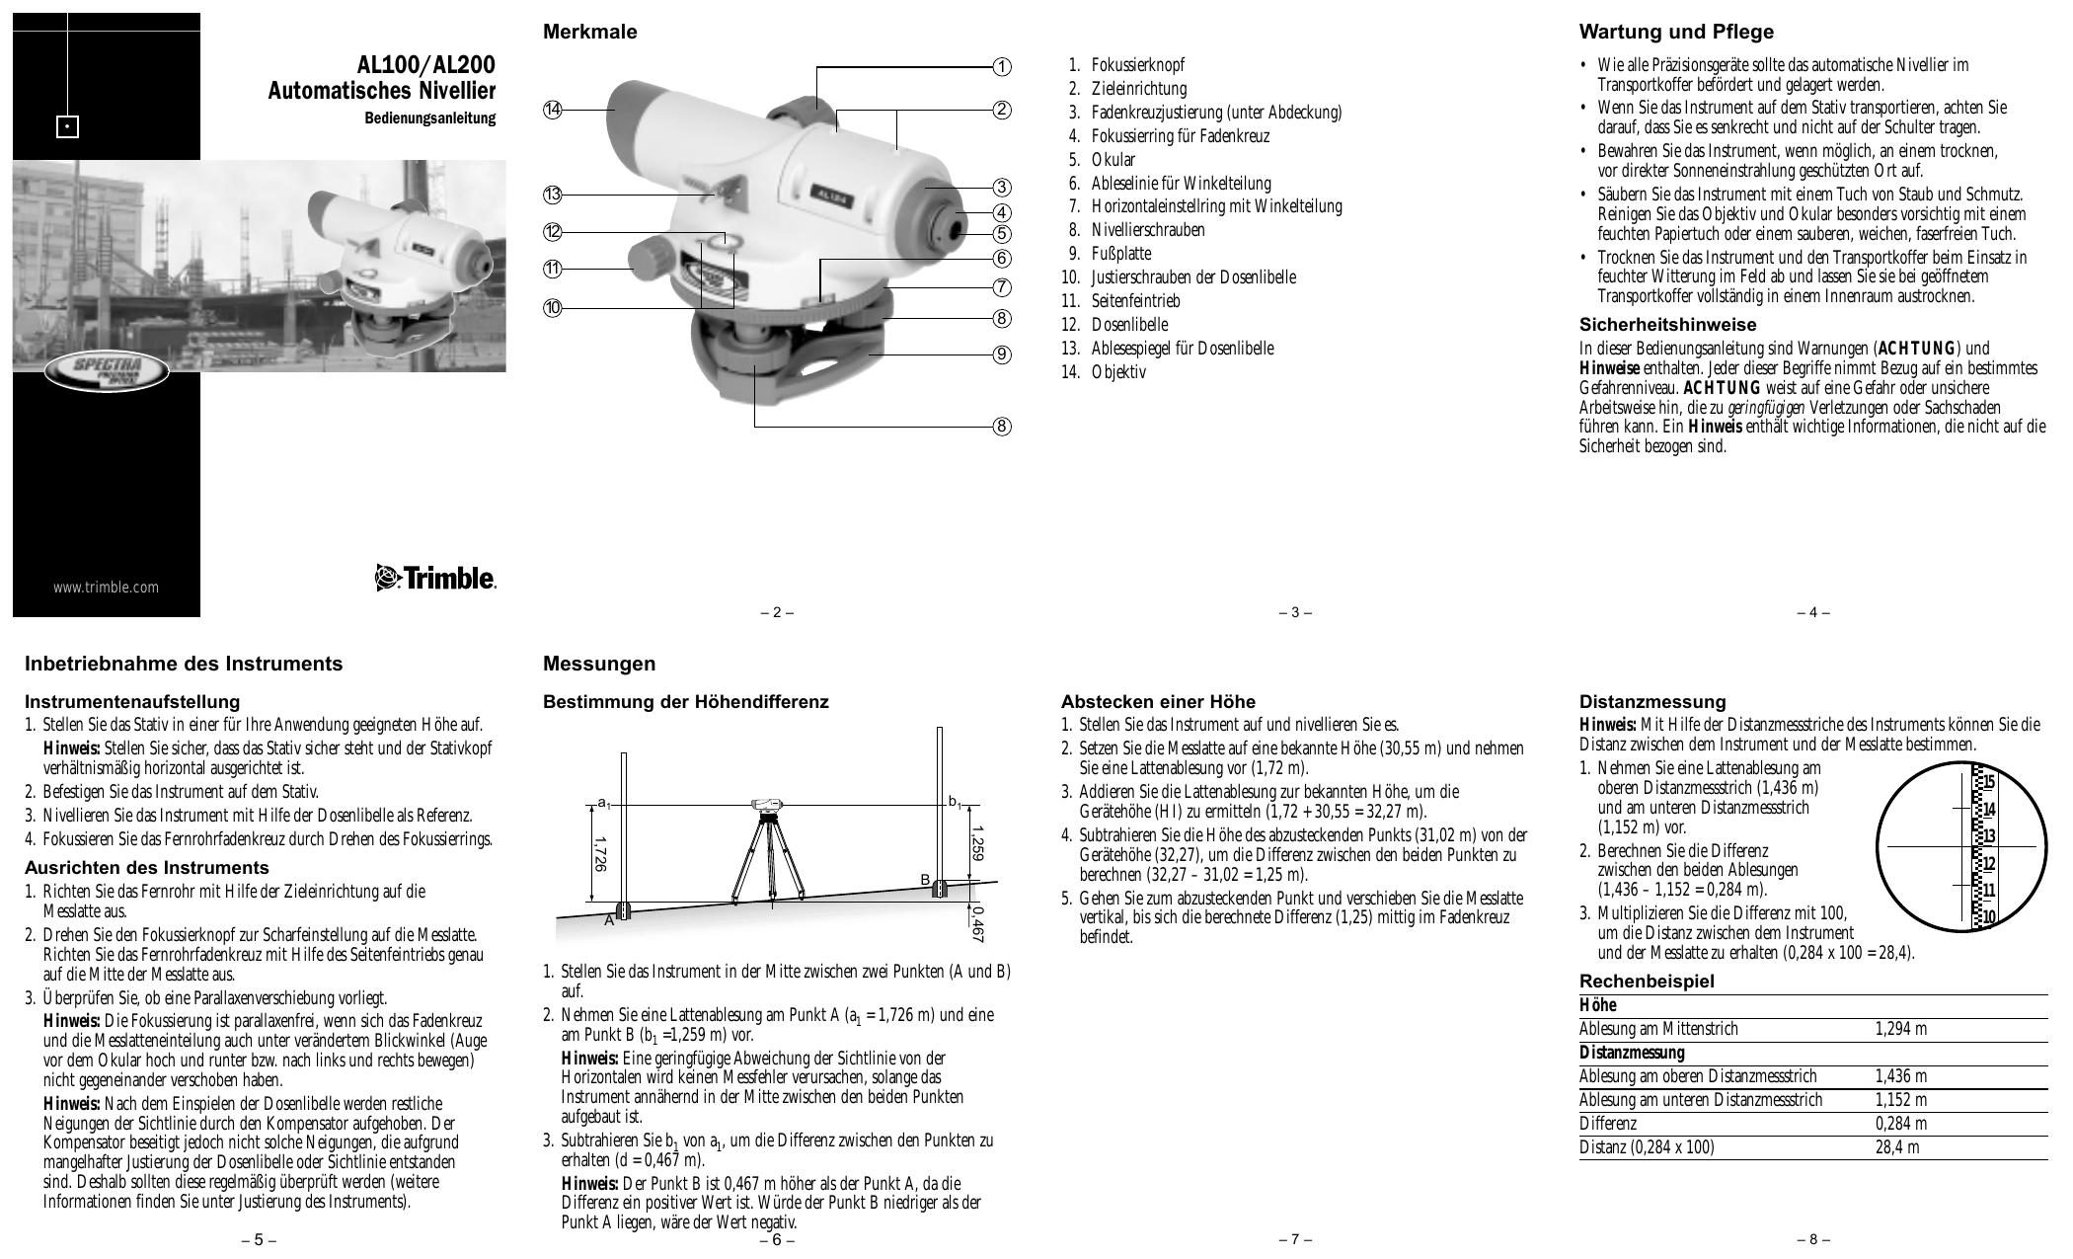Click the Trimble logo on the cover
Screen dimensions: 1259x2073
click(435, 578)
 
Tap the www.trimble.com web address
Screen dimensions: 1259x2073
click(106, 588)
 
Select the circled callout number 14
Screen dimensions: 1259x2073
click(552, 110)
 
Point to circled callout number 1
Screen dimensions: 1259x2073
click(1002, 66)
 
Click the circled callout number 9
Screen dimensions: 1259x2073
click(1002, 354)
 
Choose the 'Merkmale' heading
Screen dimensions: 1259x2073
click(590, 32)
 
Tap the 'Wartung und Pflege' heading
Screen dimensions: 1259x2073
click(1676, 32)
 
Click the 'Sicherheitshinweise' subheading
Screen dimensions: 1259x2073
click(1667, 325)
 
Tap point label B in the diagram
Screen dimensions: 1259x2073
click(925, 879)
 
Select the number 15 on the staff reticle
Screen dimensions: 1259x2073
click(1989, 782)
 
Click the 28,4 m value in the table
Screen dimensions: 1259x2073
click(1897, 1147)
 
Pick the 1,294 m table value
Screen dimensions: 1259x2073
click(1900, 1029)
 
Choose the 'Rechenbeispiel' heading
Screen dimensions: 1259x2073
click(1647, 982)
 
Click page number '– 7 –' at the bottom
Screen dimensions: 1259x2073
click(1295, 1239)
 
